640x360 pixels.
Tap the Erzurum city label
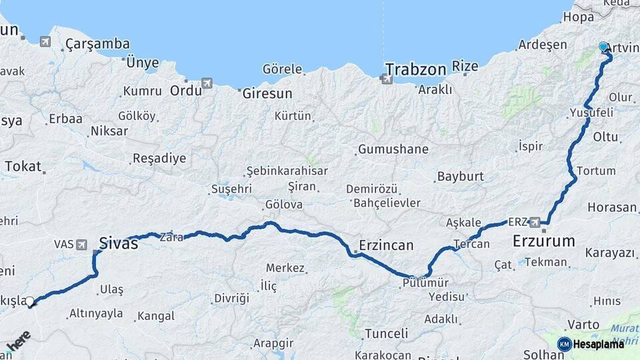[543, 241]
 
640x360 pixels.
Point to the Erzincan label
[386, 245]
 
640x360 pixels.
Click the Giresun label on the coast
[267, 93]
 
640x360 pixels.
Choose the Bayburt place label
[460, 177]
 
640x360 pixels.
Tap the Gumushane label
[393, 149]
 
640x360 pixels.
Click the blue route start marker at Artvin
[603, 47]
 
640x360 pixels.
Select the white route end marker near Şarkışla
[29, 302]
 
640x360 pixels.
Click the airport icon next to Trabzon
[386, 79]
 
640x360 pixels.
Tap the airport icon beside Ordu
[207, 83]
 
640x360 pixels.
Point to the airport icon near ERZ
[535, 221]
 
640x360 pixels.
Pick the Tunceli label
[386, 333]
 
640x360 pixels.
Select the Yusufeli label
[591, 113]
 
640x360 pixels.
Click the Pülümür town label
[423, 283]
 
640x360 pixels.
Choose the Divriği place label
[231, 298]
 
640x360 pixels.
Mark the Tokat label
[23, 167]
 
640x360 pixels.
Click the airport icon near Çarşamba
[45, 42]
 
